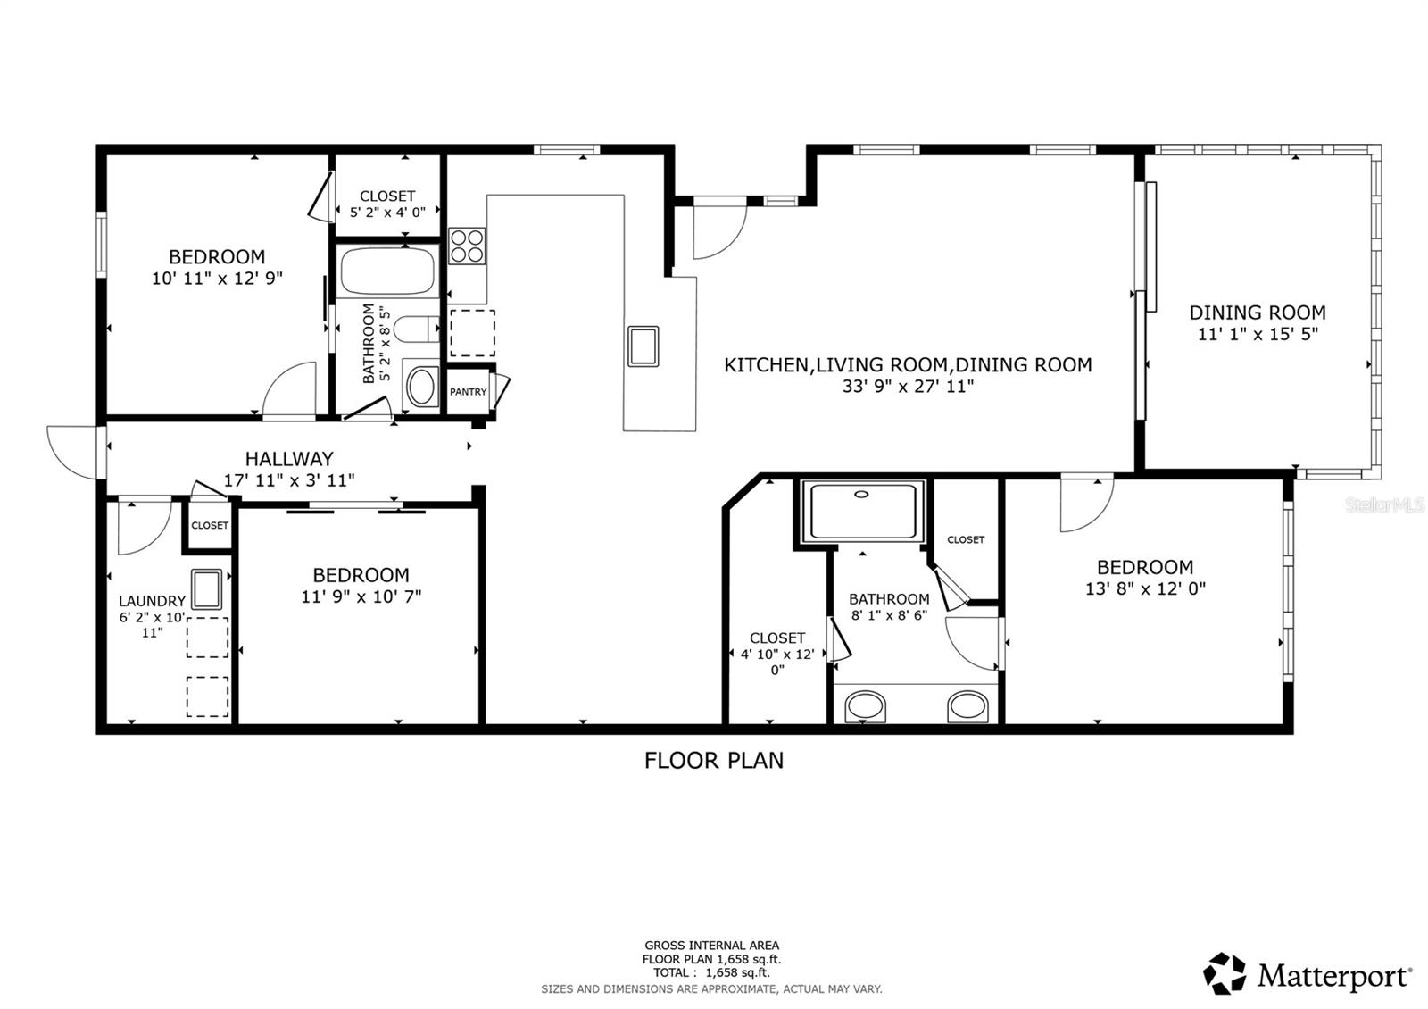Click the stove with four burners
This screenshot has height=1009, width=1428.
point(467,246)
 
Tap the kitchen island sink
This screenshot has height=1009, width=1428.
point(643,346)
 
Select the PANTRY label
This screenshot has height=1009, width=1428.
point(468,392)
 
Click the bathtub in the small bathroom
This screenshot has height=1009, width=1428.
point(387,271)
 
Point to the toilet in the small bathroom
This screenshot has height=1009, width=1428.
point(416,330)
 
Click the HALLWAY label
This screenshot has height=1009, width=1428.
point(289,459)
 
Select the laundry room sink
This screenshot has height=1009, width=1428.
point(207,589)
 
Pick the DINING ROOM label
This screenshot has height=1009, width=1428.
point(1257,313)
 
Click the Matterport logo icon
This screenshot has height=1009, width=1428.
point(1225,973)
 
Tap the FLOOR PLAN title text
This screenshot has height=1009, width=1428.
point(714,760)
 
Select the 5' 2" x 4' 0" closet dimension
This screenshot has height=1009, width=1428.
point(387,213)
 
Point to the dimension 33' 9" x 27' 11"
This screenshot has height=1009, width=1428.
point(907,387)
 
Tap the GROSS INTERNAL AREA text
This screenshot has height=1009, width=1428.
point(711,945)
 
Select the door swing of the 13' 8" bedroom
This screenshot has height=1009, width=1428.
point(1084,504)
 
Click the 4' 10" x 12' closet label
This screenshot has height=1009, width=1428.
point(777,638)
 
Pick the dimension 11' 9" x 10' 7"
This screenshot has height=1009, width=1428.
point(361,596)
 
